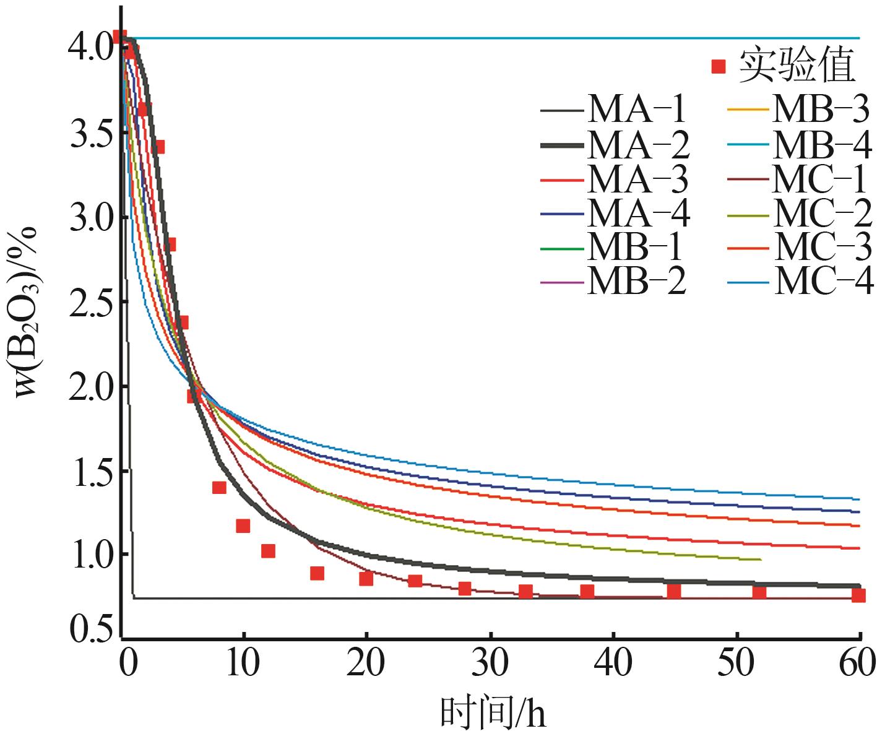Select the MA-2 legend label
(638, 146)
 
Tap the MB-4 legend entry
(822, 146)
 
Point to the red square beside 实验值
(718, 66)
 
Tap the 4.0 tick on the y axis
(90, 45)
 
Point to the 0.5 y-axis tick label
(90, 630)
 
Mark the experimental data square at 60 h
(858, 595)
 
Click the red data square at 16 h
(317, 573)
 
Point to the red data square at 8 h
(219, 487)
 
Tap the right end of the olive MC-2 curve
(759, 560)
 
